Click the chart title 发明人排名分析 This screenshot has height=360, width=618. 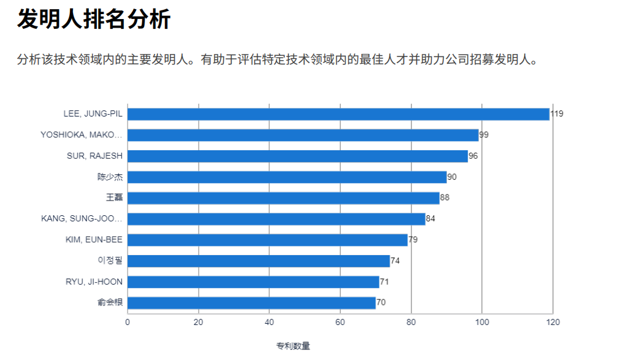pos(94,20)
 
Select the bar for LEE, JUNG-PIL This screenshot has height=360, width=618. pos(338,114)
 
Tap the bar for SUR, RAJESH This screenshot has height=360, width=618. pos(297,156)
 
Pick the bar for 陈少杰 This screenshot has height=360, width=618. pos(287,177)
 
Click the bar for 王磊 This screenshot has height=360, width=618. pos(283,198)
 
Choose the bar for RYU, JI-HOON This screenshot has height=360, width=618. pos(253,282)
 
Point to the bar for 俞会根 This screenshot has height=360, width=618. pos(251,303)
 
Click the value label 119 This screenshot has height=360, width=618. pos(557,114)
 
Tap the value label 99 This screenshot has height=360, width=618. pos(484,135)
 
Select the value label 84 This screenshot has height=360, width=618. pos(430,219)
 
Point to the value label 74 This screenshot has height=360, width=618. pos(395,261)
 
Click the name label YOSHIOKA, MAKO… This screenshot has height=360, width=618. pos(82,135)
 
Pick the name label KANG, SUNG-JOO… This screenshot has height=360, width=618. pos(82,219)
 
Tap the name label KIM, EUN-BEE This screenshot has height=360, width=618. pos(94,240)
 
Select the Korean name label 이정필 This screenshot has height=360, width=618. pos(110,261)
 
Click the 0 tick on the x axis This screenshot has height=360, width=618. pos(128,322)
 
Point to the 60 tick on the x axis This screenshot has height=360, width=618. pos(340,322)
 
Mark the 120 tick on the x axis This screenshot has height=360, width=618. pos(553,322)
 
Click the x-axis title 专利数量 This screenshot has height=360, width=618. pos(292,347)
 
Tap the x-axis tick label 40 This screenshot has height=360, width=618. pos(269,322)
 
